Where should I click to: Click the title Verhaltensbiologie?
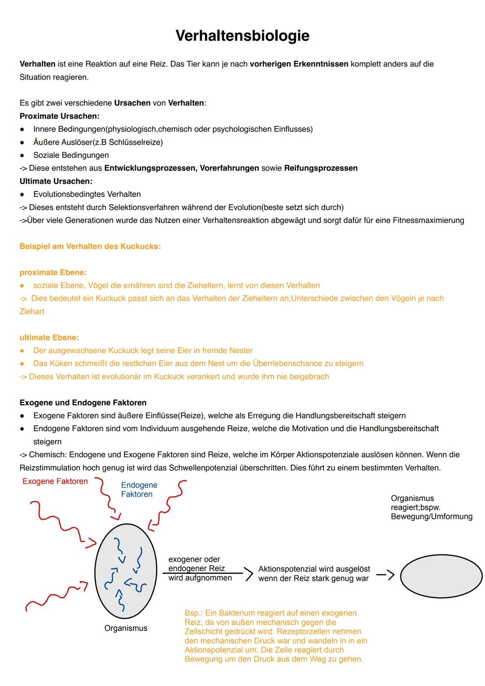point(242,35)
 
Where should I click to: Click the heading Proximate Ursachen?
point(59,116)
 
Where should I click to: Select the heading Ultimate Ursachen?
point(56,181)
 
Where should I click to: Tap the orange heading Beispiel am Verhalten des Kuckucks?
point(90,246)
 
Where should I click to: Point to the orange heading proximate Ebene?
point(53,272)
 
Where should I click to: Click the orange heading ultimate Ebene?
point(49,337)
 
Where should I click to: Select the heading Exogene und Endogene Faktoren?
point(83,403)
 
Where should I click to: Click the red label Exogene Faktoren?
point(55,481)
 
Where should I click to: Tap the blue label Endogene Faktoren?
point(139,490)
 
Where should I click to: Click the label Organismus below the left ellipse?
point(126,628)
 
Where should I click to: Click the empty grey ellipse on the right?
point(441,576)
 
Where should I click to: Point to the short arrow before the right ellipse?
point(385,575)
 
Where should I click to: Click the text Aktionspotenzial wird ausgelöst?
point(314,569)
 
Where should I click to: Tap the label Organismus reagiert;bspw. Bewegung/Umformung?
point(431,507)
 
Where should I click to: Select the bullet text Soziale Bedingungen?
point(71,155)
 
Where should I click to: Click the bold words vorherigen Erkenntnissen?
point(299,64)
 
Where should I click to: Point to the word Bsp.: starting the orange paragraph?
point(194,613)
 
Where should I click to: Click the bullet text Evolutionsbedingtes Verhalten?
point(87,194)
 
